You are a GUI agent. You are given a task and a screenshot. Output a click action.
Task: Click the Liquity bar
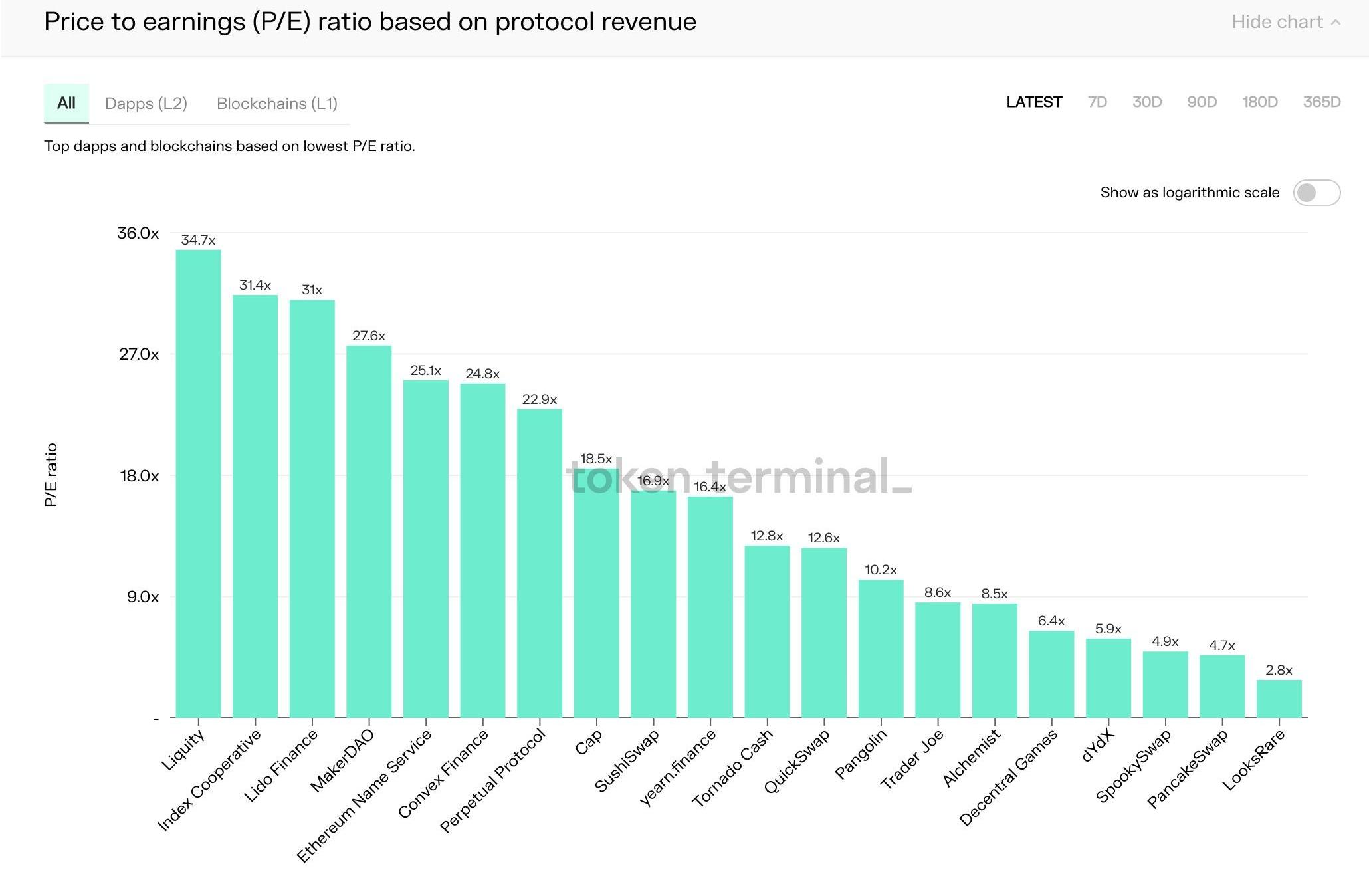tap(198, 483)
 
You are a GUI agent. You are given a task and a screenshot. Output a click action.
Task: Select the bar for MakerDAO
tap(369, 532)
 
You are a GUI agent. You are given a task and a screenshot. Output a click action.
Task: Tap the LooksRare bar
tap(1279, 699)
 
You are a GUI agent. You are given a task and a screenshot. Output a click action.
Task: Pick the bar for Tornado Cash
tap(767, 631)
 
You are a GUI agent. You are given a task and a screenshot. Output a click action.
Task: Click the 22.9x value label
tap(539, 399)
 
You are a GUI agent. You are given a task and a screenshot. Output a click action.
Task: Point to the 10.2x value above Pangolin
tap(881, 570)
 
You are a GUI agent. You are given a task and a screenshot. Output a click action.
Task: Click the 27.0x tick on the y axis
tap(139, 354)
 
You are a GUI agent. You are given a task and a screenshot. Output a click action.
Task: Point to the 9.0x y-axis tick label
tap(143, 597)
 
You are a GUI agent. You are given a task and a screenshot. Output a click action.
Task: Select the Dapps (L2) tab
tap(146, 104)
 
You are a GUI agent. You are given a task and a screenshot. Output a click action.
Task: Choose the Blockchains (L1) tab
tap(277, 104)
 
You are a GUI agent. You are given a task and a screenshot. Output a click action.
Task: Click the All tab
tap(66, 103)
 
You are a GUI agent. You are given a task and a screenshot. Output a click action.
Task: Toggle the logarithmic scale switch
tap(1316, 193)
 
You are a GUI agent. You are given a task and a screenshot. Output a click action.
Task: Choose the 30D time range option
tap(1146, 102)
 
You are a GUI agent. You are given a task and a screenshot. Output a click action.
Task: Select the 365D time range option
tap(1321, 102)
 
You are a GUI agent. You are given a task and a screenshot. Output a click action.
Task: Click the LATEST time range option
tap(1034, 102)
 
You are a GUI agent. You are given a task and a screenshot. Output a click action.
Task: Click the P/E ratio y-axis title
tap(51, 475)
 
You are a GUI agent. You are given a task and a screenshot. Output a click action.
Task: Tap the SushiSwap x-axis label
tap(627, 761)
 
